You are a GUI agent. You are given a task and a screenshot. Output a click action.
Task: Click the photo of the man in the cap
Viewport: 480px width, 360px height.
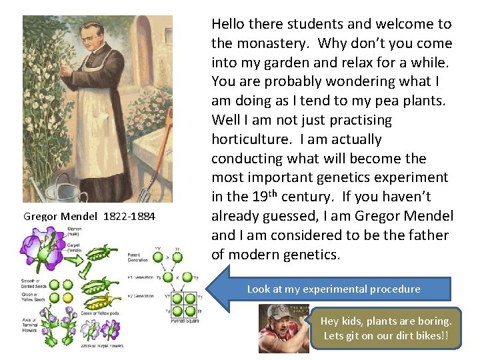coord(283,328)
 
